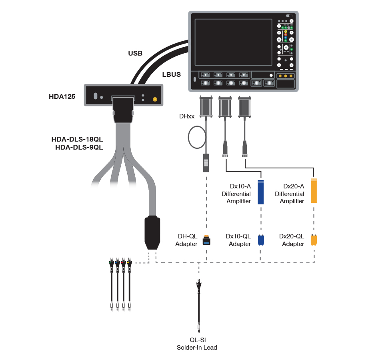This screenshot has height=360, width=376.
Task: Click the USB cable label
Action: tap(135, 53)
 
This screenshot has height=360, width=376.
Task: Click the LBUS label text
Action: tap(171, 74)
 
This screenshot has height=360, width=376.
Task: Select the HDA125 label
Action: tap(62, 96)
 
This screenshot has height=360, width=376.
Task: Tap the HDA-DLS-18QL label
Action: tap(77, 139)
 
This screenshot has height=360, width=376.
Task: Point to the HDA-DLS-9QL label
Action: tap(79, 147)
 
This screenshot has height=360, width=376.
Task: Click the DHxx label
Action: tap(187, 117)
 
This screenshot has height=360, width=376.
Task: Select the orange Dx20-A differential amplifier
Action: tap(314, 191)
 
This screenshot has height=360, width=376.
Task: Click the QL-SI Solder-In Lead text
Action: tap(197, 344)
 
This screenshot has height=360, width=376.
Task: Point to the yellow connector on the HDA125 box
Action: tap(155, 99)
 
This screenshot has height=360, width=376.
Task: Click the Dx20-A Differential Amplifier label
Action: tap(289, 194)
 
